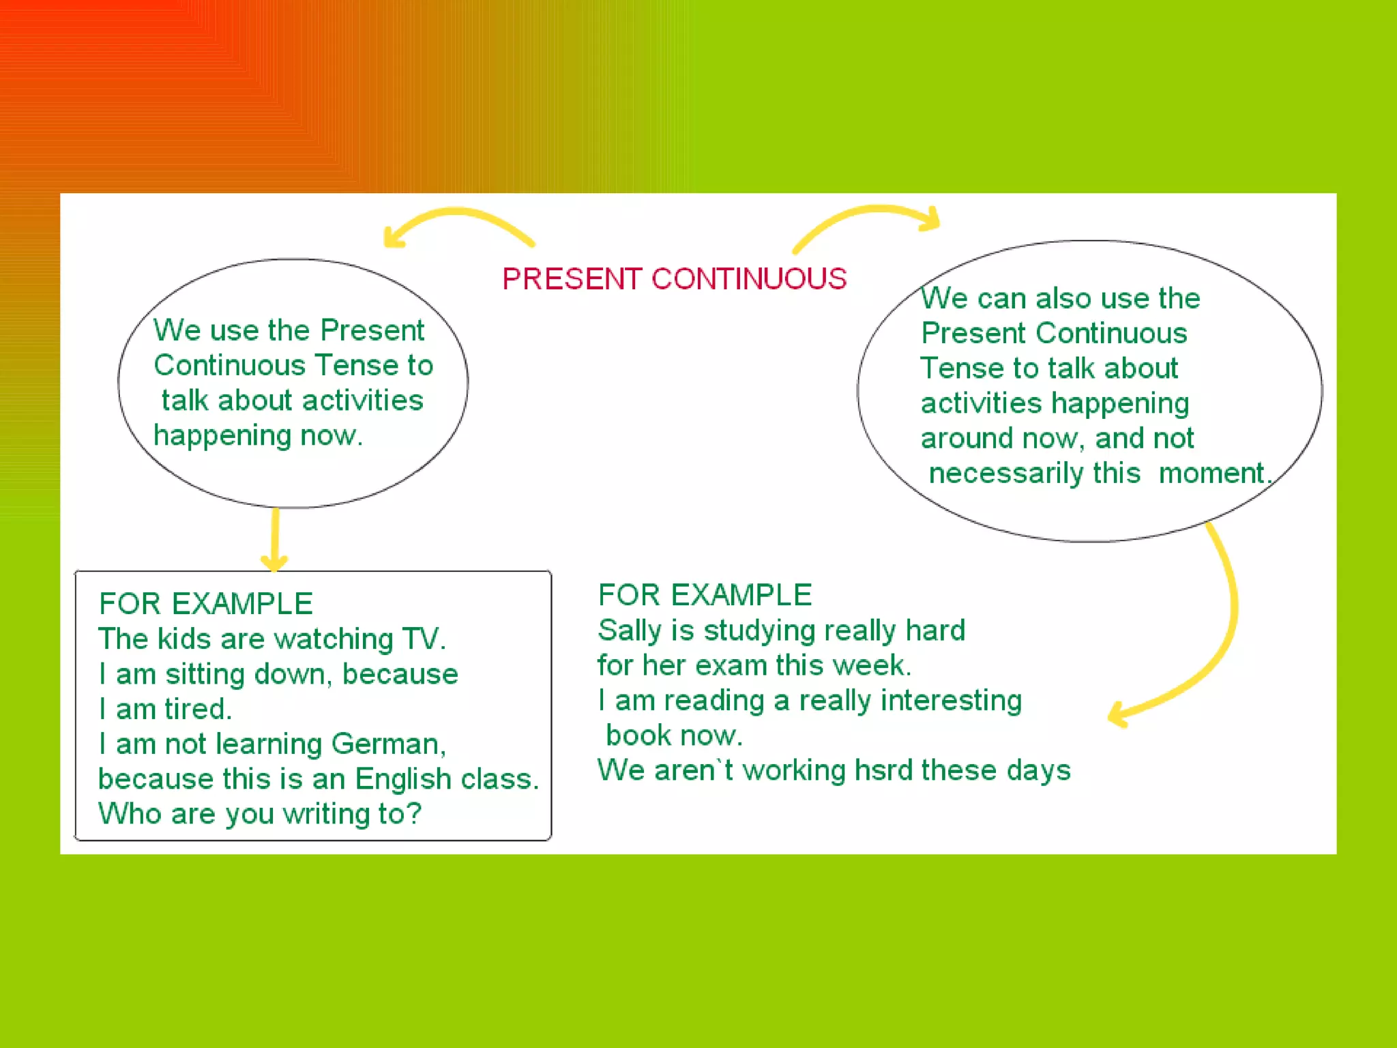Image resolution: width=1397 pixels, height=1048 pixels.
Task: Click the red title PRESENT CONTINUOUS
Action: click(674, 279)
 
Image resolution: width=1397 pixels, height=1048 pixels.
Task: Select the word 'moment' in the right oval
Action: click(1211, 474)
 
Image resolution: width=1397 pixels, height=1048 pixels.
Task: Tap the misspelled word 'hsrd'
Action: click(883, 770)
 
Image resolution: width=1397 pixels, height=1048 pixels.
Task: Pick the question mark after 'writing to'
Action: click(415, 813)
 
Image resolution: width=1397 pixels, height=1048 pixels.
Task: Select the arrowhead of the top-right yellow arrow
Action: click(931, 218)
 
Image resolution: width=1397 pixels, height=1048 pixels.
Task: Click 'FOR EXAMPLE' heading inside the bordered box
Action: click(205, 604)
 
